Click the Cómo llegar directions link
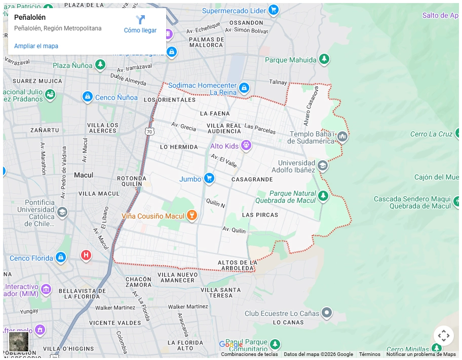140,24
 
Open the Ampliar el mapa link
36,46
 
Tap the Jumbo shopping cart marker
209,178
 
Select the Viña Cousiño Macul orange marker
191,215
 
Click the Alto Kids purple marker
246,146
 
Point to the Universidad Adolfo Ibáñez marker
323,165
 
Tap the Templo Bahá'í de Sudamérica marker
342,136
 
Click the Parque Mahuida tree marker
324,60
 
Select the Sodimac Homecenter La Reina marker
244,88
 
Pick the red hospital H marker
86,255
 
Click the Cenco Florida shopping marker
61,258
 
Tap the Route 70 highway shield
149,131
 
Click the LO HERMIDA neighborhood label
179,147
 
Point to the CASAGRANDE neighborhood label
252,179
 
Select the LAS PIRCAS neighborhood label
260,215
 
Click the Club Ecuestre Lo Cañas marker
327,313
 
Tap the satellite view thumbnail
19,341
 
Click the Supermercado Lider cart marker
274,10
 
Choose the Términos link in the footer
369,354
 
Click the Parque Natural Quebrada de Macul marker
323,196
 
